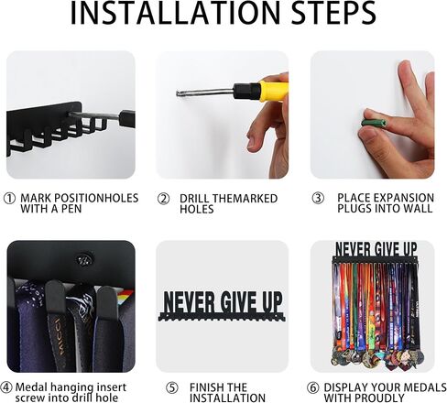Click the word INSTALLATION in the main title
pyautogui.click(x=175, y=13)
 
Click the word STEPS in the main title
pyautogui.click(x=333, y=13)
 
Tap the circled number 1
pyautogui.click(x=9, y=199)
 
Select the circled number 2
pyautogui.click(x=163, y=199)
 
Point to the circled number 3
pyautogui.click(x=318, y=198)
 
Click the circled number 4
pyautogui.click(x=6, y=387)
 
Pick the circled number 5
pyautogui.click(x=171, y=388)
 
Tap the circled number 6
pyautogui.click(x=313, y=388)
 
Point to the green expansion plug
pyautogui.click(x=374, y=123)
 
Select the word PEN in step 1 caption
pyautogui.click(x=71, y=209)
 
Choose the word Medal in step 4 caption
pyautogui.click(x=31, y=387)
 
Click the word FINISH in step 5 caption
pyautogui.click(x=205, y=387)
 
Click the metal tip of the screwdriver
pyautogui.click(x=181, y=94)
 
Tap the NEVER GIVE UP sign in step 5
pyautogui.click(x=222, y=306)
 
